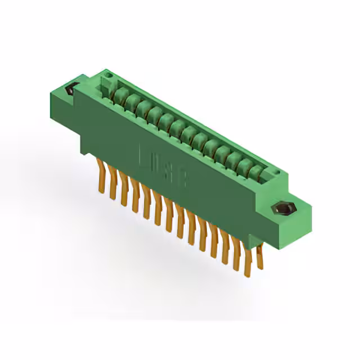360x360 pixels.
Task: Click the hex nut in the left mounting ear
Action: coord(71,90)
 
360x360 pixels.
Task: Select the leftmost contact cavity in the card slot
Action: coord(120,93)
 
